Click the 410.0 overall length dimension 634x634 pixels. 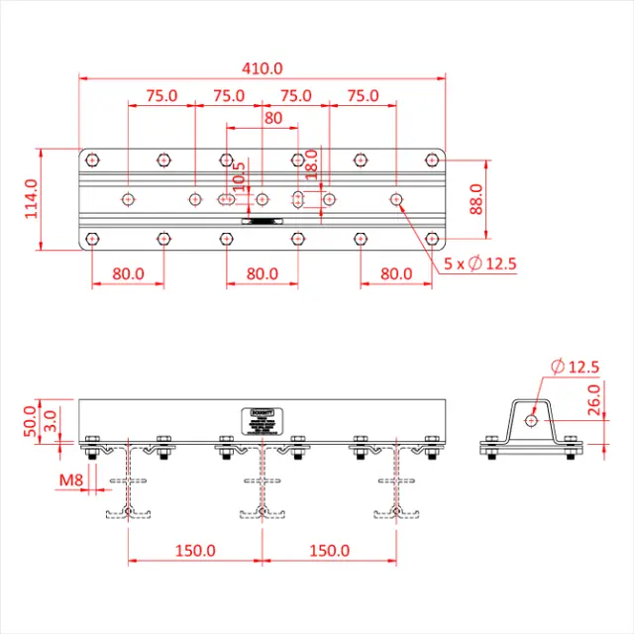coord(263,68)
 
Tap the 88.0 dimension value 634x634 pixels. coord(475,199)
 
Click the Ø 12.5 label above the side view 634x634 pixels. coord(573,367)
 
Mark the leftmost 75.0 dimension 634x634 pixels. coord(161,96)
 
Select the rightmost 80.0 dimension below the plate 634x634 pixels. coord(396,273)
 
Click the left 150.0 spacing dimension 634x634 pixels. coord(195,550)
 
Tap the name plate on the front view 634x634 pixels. coord(264,420)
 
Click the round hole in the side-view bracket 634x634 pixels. coord(531,420)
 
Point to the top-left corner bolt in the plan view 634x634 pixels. coord(92,158)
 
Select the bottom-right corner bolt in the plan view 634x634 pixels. coord(432,239)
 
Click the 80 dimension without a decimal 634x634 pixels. coord(273,118)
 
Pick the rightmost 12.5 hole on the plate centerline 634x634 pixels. coord(396,199)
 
